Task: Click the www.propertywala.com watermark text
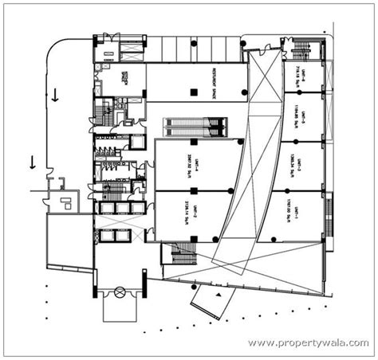tap(306, 343)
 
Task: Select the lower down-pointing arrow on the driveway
tap(32, 162)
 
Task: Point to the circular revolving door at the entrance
tap(120, 292)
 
